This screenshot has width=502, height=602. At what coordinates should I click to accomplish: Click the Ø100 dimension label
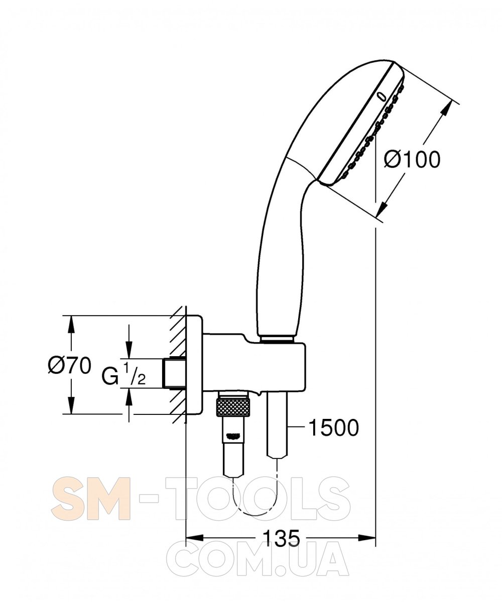(412, 160)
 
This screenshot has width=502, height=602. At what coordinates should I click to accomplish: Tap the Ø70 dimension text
(70, 365)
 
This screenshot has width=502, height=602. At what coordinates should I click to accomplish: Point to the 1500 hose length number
(333, 427)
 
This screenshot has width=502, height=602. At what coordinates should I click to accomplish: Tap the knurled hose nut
(234, 407)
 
